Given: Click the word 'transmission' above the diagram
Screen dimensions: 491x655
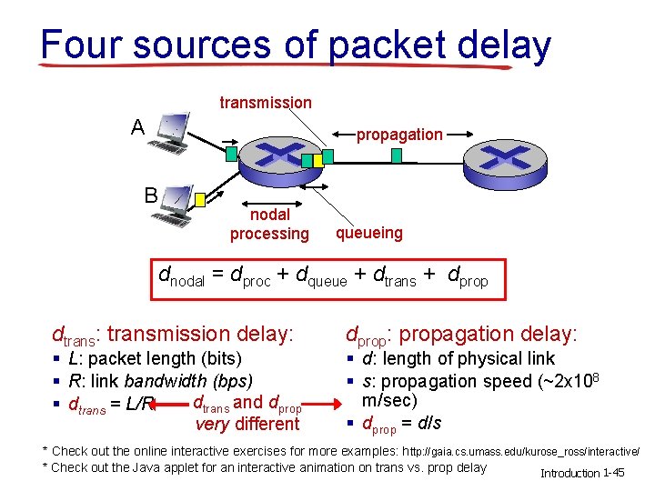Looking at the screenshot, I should click(266, 103).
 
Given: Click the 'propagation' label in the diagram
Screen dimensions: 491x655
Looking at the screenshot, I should click(399, 135).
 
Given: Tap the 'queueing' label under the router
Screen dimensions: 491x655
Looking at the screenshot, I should click(368, 233).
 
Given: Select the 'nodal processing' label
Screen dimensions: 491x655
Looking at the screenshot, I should click(269, 225).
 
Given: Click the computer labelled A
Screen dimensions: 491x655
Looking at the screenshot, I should click(171, 134).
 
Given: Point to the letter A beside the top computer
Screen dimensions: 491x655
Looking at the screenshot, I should click(137, 127).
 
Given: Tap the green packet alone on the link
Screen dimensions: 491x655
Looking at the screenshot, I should click(396, 155).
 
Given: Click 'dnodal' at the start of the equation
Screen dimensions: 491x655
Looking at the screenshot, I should click(182, 277).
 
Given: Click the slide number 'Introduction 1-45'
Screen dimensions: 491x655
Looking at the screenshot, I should click(582, 473).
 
